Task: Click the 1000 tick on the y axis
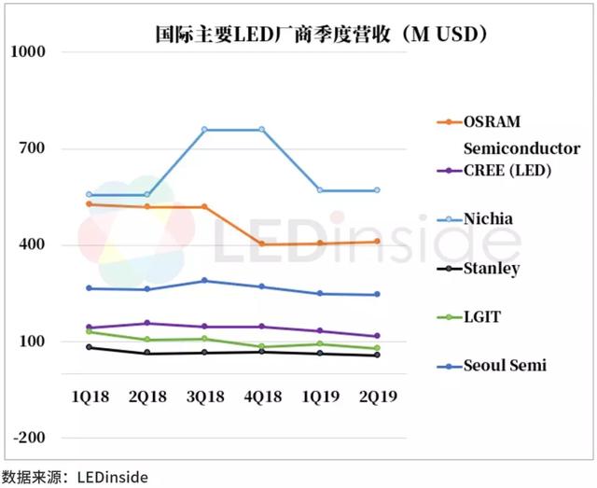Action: tap(27, 52)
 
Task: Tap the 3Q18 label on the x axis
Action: tap(204, 397)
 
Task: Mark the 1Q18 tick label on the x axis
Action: tap(90, 397)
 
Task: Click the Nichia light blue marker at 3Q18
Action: tap(204, 130)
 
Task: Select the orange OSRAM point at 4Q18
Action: tap(262, 244)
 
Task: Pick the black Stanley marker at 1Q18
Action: tap(90, 347)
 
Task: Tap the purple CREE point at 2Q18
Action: tap(146, 324)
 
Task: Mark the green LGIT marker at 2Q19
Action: tap(377, 348)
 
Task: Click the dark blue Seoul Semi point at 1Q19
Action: tap(319, 294)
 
